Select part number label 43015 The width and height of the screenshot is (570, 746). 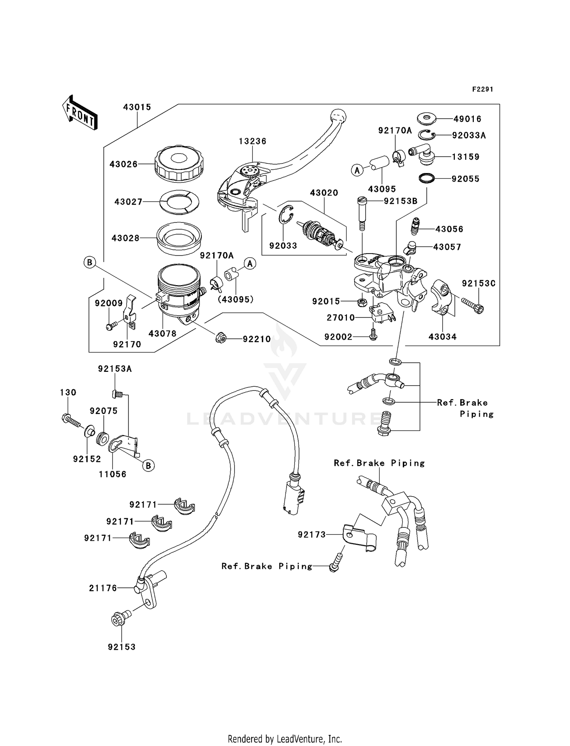[137, 107]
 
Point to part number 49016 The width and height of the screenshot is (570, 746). [467, 119]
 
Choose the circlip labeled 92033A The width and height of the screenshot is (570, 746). [427, 134]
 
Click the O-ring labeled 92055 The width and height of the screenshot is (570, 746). [428, 178]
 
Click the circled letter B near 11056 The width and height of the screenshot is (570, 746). [149, 465]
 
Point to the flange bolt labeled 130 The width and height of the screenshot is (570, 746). [72, 421]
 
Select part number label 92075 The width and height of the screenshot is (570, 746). [103, 411]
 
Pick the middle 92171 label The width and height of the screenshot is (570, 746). [120, 521]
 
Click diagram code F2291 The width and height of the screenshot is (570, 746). [483, 89]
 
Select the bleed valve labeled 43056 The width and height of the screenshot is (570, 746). [417, 227]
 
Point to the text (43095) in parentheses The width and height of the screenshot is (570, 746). [236, 300]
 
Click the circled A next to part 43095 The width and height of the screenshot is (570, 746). [357, 170]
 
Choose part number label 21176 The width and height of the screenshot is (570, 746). [103, 588]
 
